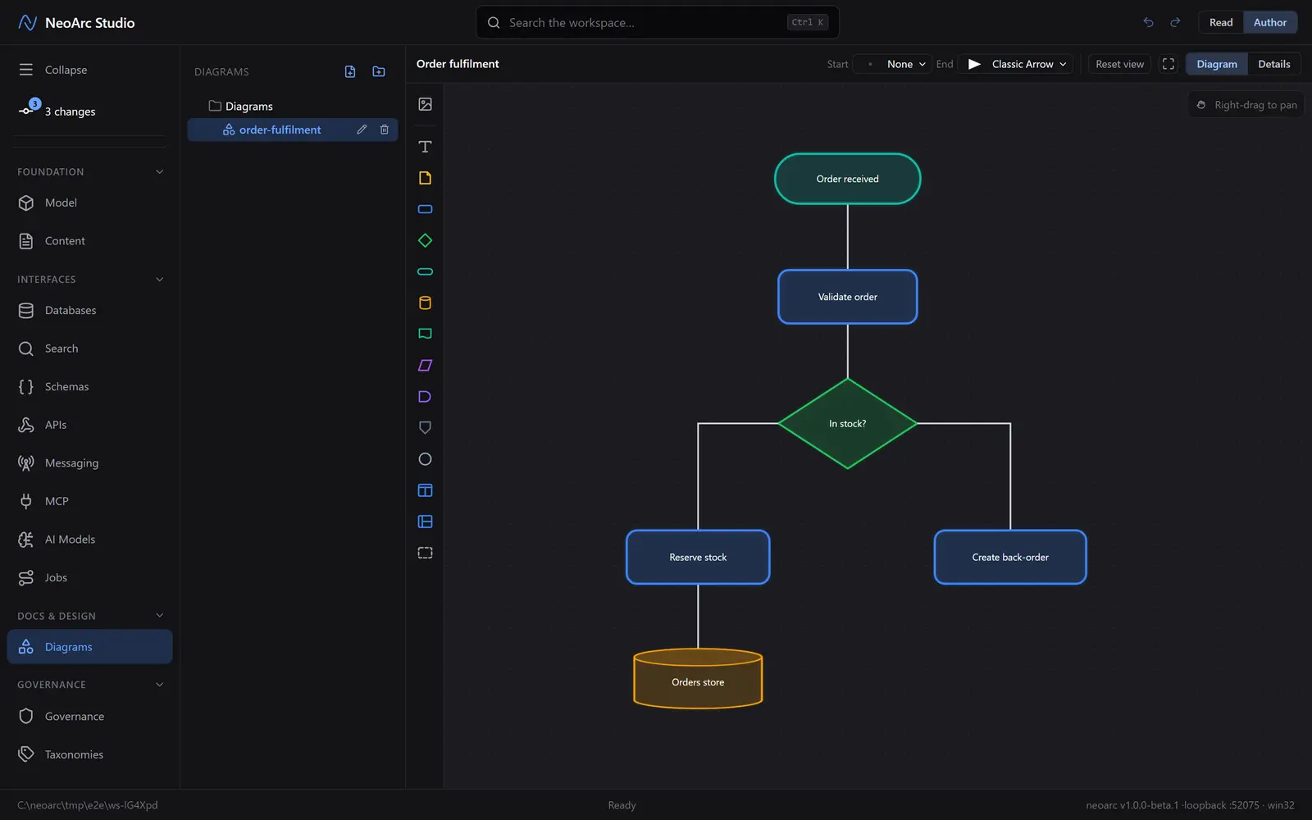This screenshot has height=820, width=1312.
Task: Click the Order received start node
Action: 847,179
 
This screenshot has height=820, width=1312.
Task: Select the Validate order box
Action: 847,296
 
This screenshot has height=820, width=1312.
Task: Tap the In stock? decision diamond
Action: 847,423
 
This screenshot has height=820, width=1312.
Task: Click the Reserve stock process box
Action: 698,557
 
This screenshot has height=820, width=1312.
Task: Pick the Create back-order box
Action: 1009,557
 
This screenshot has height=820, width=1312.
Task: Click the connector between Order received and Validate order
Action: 847,237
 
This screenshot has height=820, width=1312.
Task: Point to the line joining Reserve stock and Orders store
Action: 698,616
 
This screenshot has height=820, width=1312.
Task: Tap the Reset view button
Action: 1119,64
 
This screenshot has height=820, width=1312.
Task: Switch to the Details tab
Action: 1274,64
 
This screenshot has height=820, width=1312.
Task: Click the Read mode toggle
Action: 1221,22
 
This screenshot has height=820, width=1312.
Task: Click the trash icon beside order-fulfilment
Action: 385,130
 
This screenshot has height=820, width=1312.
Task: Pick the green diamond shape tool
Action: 425,240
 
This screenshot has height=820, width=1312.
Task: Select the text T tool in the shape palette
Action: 425,147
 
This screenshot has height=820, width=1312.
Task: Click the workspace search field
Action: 657,22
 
